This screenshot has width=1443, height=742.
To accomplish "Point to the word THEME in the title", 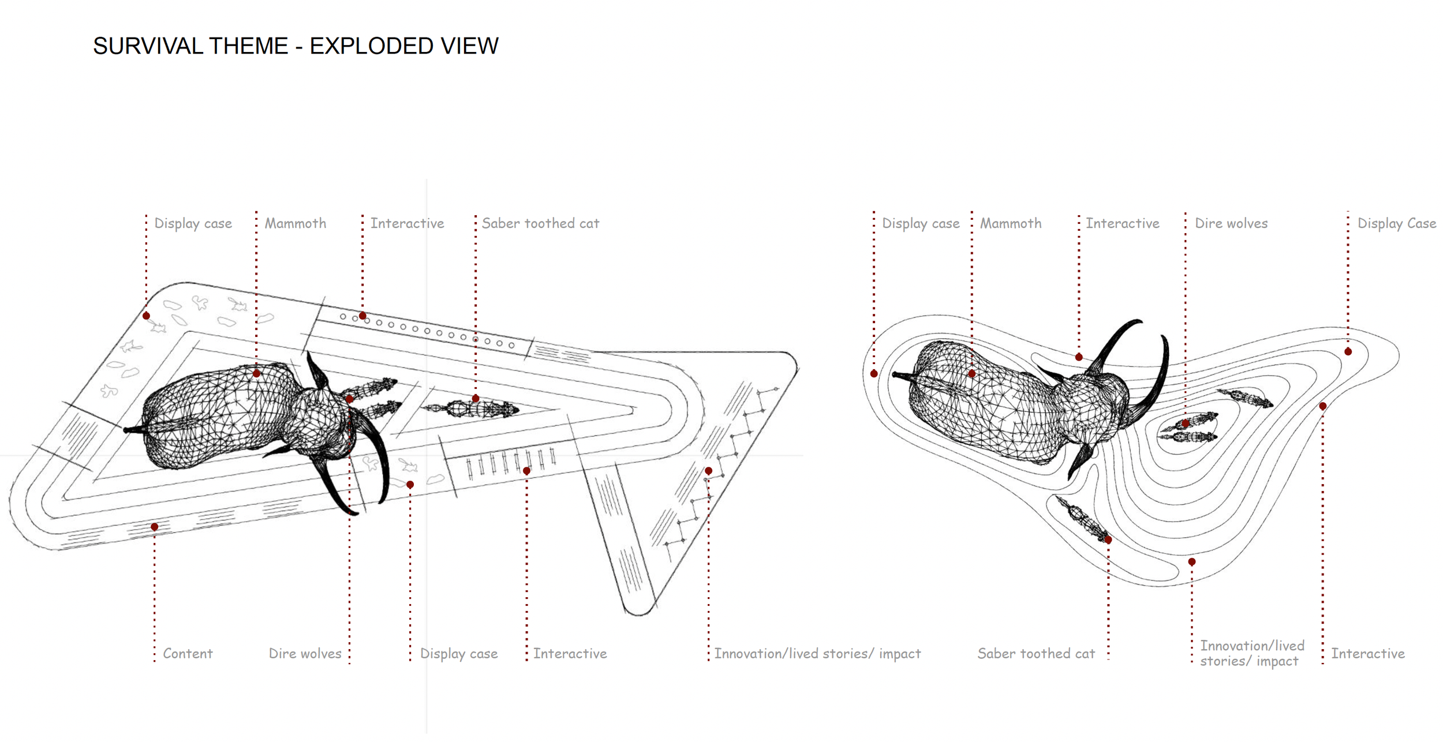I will point(248,46).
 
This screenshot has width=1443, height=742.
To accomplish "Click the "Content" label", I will point(188,654).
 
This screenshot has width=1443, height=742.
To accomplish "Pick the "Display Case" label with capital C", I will point(1396,223).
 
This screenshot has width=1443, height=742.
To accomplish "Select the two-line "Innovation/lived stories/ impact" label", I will point(1251,654).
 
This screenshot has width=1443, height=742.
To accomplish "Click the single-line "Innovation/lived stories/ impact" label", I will point(817,654).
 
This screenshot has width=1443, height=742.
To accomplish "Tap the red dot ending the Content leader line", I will point(155,527).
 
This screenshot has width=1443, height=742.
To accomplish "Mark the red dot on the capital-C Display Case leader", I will point(1348,351).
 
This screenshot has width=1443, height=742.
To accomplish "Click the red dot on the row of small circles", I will point(362,316).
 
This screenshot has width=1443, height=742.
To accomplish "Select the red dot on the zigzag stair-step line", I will point(708,471).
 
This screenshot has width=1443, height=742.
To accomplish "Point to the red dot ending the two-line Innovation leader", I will point(1191,561).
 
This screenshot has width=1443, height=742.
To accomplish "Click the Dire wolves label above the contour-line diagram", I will point(1231,223).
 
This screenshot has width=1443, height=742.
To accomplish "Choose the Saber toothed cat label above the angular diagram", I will point(540,223).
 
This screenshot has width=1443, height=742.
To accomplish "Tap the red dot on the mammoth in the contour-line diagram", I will point(972,374).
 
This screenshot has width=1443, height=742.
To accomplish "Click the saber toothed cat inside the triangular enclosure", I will point(470,409).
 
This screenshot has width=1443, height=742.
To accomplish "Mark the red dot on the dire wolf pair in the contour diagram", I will point(1185,424).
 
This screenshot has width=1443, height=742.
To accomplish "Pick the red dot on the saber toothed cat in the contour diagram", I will point(1108,540).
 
